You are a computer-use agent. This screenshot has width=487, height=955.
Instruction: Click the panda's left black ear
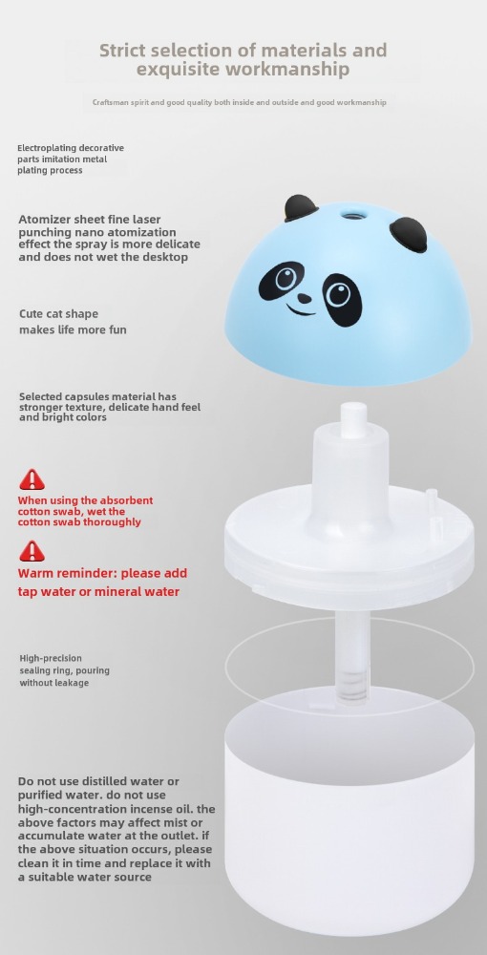(x=301, y=208)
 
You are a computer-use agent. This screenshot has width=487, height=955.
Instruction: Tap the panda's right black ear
(x=408, y=235)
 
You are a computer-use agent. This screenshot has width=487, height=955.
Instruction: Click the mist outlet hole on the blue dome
(x=351, y=214)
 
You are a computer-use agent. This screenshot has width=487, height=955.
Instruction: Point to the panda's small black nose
(x=304, y=298)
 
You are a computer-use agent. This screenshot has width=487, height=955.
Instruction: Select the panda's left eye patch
(x=282, y=281)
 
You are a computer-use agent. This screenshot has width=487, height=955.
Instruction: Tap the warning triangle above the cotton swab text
(x=32, y=480)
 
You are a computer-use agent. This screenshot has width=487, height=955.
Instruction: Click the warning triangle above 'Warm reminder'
(x=32, y=551)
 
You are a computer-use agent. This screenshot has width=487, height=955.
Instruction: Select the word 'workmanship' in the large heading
(x=288, y=69)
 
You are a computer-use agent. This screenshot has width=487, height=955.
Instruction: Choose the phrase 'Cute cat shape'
(x=58, y=314)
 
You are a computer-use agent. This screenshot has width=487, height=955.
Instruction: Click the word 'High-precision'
(x=51, y=658)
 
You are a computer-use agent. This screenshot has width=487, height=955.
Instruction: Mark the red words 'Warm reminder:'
(x=68, y=573)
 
